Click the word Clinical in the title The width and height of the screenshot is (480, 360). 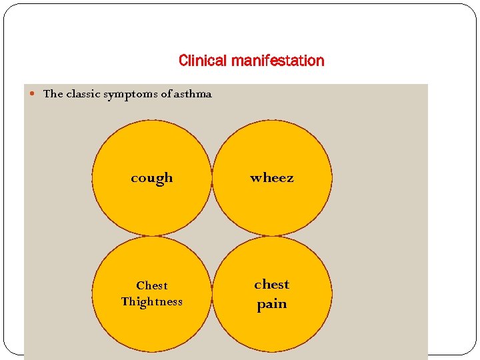pos(203,61)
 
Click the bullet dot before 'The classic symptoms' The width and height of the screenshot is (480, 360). pos(35,94)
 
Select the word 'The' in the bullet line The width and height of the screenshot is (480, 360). pos(53,94)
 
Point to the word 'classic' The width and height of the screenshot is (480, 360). pos(83,94)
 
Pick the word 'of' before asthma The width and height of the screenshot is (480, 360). pos(165,94)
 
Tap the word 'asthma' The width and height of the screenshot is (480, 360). pos(192,94)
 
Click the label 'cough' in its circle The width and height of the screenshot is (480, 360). pos(151,178)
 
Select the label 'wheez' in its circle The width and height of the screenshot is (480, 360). pos(271,178)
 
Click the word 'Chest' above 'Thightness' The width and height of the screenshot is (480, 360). pos(151,285)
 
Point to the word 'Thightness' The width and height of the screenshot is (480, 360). pos(151,301)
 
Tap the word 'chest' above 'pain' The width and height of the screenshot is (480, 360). pos(271,285)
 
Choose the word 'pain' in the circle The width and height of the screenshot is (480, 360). pos(271,304)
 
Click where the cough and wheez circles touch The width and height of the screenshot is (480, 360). pos(212,177)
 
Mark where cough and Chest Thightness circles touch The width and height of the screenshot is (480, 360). pos(152,236)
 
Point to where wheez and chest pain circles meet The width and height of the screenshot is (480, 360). pos(272,236)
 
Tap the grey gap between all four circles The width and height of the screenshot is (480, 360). pos(212,236)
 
